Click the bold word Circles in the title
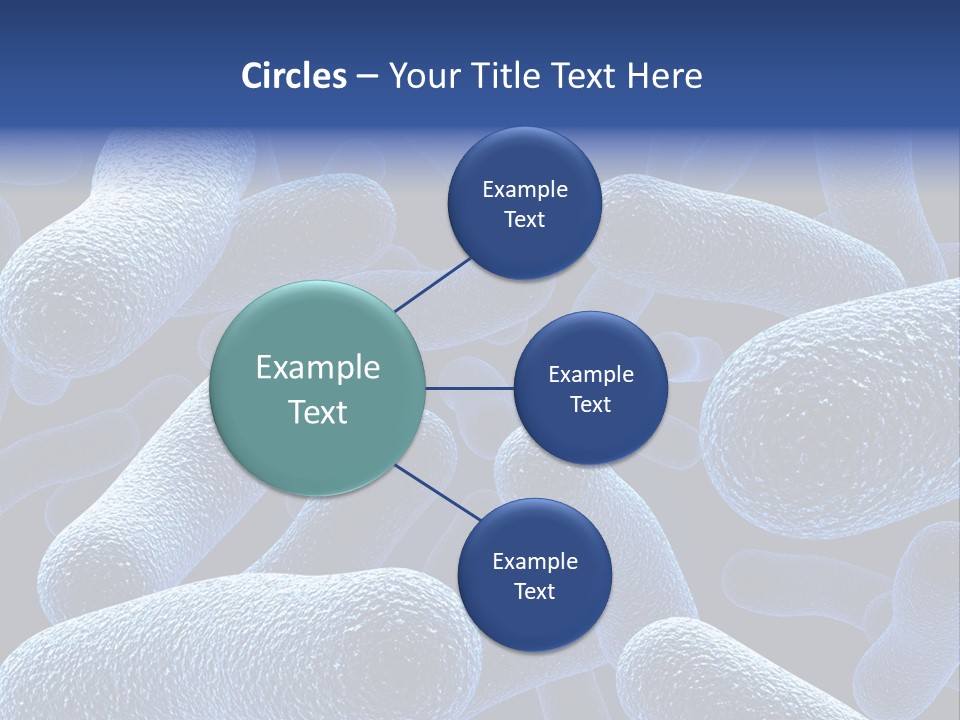293,76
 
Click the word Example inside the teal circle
318,368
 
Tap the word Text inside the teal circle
318,412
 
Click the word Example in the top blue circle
525,189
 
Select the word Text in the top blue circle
524,219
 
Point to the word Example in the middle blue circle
591,374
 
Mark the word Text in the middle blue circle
590,404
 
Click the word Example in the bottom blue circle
535,561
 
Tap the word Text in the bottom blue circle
534,591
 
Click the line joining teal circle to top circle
434,284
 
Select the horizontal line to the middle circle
469,388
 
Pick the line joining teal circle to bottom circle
439,494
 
